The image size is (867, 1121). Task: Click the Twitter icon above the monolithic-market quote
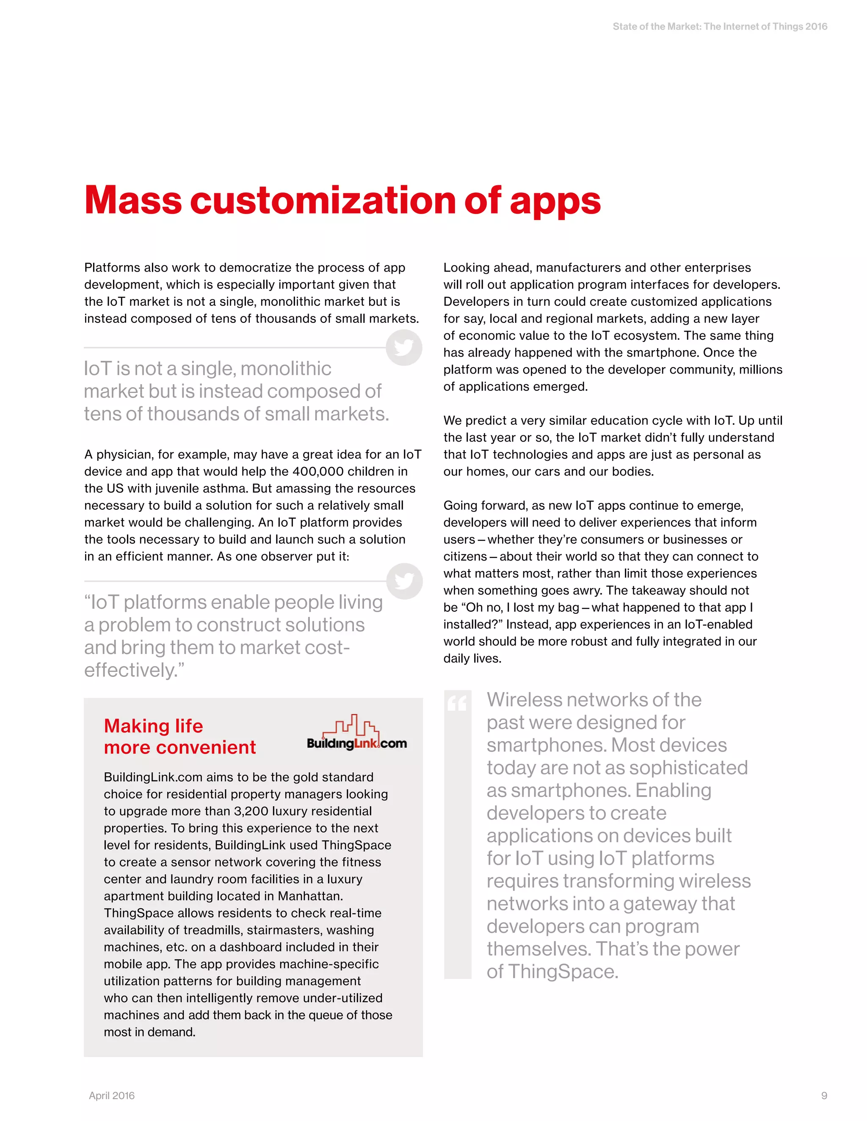pyautogui.click(x=404, y=347)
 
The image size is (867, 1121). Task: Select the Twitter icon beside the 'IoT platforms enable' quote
pyautogui.click(x=404, y=581)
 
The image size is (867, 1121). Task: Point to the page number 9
pyautogui.click(x=824, y=1095)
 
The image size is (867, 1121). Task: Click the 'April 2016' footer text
pyautogui.click(x=111, y=1095)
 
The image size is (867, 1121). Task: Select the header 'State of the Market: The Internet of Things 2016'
pyautogui.click(x=720, y=27)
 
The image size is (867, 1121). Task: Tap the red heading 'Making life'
pyautogui.click(x=153, y=726)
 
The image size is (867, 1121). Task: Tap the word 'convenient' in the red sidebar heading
pyautogui.click(x=205, y=747)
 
